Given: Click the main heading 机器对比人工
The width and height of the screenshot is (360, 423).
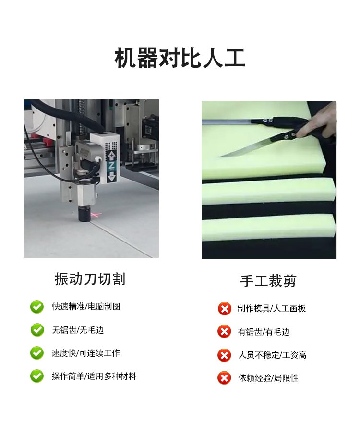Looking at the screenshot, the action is (x=180, y=58).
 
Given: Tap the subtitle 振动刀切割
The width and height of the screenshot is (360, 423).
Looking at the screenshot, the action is (x=90, y=278).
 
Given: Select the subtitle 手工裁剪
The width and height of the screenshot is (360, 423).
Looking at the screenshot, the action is (x=268, y=281).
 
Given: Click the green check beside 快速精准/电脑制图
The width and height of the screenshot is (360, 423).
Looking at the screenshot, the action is (x=37, y=307).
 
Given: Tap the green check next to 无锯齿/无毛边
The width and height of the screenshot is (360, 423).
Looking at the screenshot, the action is (x=37, y=330).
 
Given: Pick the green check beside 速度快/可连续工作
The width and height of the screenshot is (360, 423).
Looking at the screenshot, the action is (x=37, y=353).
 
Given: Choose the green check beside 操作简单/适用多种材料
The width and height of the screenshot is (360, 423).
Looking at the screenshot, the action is (x=37, y=376).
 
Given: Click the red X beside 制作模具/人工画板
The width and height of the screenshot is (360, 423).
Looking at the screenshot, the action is (x=224, y=309).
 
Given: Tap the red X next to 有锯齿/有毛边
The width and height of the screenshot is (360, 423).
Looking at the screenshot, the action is (x=224, y=332).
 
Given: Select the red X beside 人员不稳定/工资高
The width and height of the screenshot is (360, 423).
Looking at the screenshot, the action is (x=224, y=355).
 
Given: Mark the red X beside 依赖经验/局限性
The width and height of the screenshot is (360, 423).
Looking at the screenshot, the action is (x=224, y=378).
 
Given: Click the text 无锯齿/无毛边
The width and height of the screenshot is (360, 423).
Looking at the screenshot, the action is (x=78, y=330).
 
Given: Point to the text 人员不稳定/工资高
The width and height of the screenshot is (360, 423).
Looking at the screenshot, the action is (x=272, y=355).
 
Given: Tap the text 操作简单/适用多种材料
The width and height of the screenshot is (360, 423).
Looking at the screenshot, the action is (x=94, y=376).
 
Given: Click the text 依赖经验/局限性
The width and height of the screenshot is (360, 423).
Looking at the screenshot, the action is (x=268, y=378).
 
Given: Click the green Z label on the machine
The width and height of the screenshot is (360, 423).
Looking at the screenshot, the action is (x=111, y=165).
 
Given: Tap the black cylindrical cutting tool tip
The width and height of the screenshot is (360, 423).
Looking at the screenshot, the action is (x=84, y=214).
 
